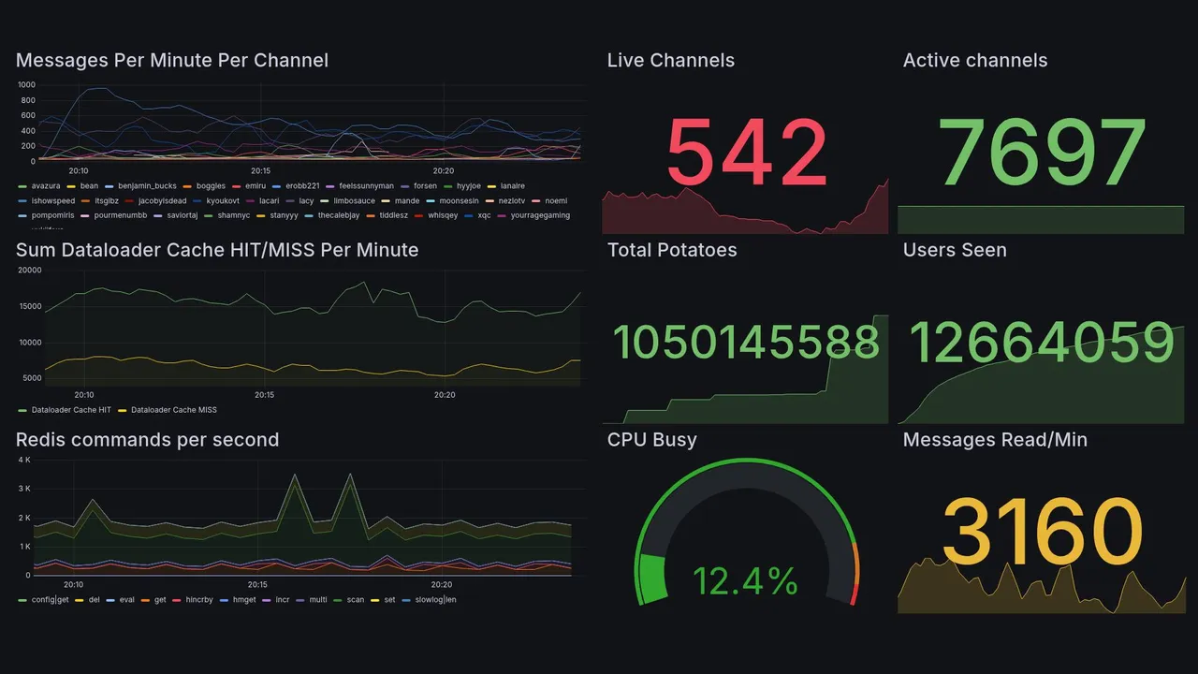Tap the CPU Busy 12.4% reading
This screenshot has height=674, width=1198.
[x=745, y=581]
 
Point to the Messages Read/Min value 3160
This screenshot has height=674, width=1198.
[x=1042, y=532]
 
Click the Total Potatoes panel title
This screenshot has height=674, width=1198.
[x=671, y=250]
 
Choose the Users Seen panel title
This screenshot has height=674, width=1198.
[x=954, y=250]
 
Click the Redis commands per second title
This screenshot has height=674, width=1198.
[x=147, y=440]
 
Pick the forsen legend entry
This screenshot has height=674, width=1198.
[x=425, y=186]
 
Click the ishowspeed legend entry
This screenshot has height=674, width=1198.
[x=52, y=200]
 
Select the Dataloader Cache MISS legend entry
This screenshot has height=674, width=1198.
[x=173, y=410]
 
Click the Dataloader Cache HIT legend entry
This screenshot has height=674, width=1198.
[x=70, y=410]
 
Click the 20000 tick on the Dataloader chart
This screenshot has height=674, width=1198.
[x=29, y=271]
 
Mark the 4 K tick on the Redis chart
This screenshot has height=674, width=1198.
[x=24, y=461]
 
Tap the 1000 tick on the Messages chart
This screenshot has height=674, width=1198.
[x=26, y=85]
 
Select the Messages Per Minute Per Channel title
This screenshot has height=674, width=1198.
[x=172, y=61]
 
